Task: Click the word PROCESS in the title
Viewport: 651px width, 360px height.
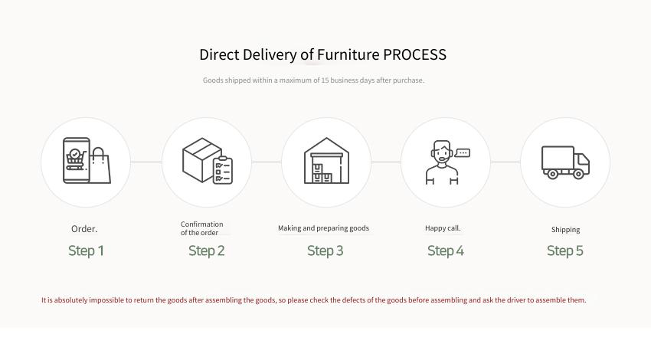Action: pyautogui.click(x=414, y=54)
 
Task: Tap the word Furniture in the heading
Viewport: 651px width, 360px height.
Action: pyautogui.click(x=348, y=54)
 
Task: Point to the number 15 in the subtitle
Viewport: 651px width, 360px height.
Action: pyautogui.click(x=325, y=80)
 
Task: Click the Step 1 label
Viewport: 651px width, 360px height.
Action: pyautogui.click(x=86, y=250)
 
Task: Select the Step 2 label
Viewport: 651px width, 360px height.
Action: pyautogui.click(x=206, y=250)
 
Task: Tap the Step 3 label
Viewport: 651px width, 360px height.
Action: pyautogui.click(x=325, y=250)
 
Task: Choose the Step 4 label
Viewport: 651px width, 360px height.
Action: pyautogui.click(x=446, y=250)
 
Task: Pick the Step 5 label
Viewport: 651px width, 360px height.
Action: pyautogui.click(x=564, y=250)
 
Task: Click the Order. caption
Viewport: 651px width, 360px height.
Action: pyautogui.click(x=84, y=229)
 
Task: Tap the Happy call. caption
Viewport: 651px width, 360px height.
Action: pyautogui.click(x=443, y=228)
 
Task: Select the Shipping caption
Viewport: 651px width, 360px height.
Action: pyautogui.click(x=565, y=230)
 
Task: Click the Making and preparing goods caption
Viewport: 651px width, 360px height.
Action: pyautogui.click(x=323, y=228)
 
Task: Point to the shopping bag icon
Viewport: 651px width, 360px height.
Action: pyautogui.click(x=100, y=165)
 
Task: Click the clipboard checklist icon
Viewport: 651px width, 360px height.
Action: pyautogui.click(x=223, y=170)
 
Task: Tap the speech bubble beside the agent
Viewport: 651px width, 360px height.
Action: pyautogui.click(x=463, y=152)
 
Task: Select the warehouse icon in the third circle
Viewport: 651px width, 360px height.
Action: pyautogui.click(x=326, y=161)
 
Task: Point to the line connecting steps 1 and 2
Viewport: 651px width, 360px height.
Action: pyautogui.click(x=146, y=162)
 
